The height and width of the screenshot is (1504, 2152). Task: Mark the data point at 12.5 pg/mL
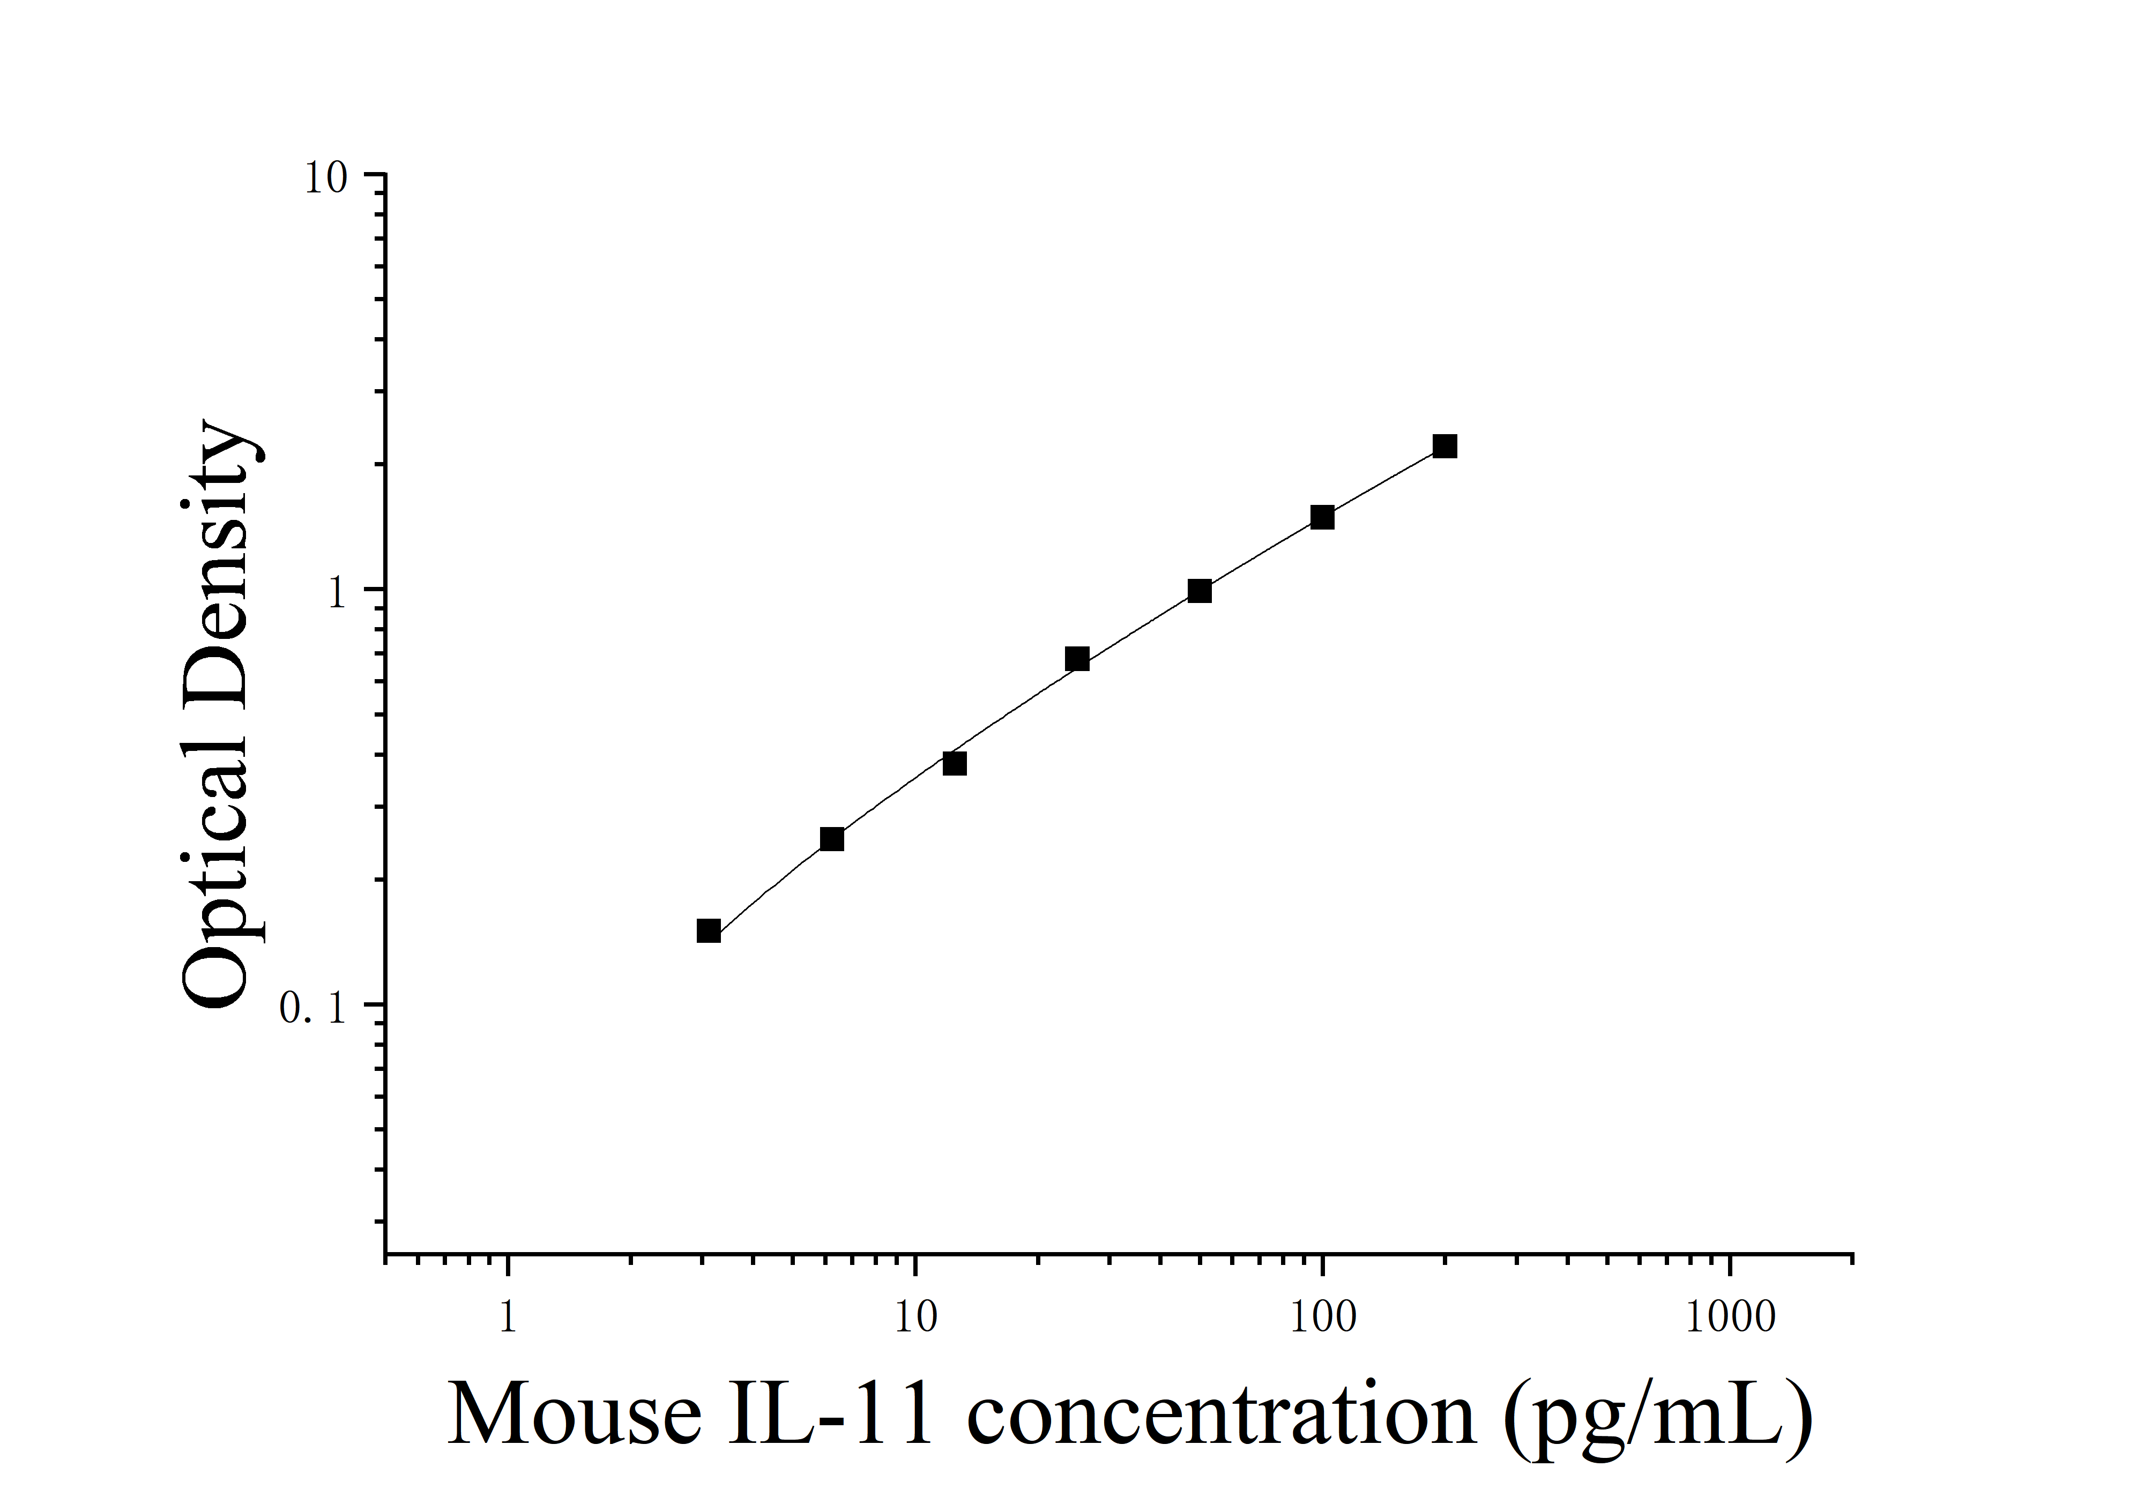coord(954,764)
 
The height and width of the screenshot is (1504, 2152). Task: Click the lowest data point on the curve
coord(709,930)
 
